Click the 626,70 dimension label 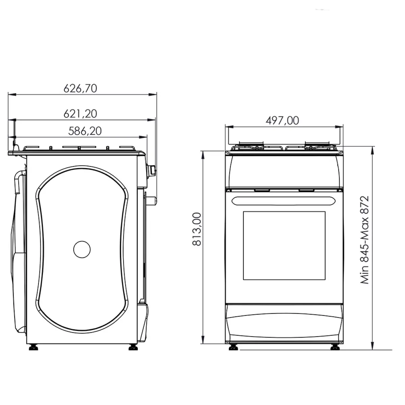[80, 88]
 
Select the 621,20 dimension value [80, 114]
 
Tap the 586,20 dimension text [85, 131]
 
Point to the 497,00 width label [282, 120]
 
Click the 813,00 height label [197, 229]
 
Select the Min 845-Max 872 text [364, 240]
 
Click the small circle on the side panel [82, 249]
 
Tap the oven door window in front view [284, 245]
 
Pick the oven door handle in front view [284, 201]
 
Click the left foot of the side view [33, 348]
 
